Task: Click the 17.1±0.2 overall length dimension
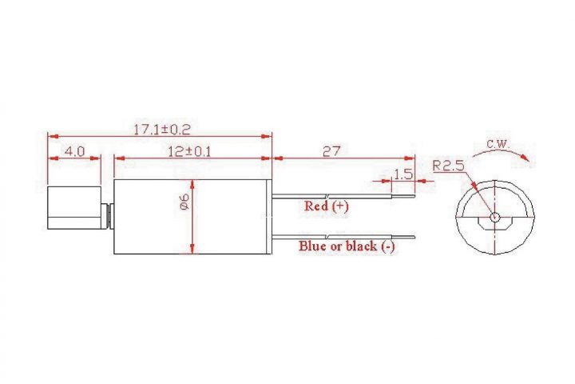161,130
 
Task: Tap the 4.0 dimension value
74,151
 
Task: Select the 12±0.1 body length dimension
189,151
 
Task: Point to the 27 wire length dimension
331,151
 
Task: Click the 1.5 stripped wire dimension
403,174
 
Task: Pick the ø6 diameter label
184,202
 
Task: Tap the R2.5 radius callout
448,166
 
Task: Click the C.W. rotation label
498,143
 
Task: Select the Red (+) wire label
327,206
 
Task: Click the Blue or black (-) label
347,246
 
